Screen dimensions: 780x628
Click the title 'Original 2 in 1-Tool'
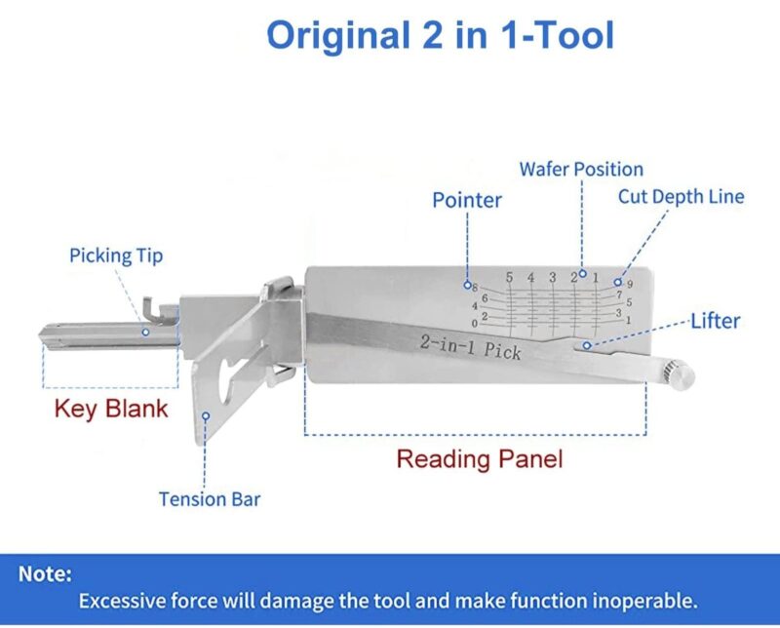441,34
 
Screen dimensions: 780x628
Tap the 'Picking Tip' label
116,255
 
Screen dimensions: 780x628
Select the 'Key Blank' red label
111,409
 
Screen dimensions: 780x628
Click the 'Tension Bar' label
210,499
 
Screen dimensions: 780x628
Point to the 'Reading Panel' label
480,458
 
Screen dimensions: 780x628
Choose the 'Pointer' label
467,200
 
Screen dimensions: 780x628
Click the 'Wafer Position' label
581,170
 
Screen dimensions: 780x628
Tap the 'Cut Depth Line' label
681,197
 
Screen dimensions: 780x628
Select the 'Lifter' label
716,321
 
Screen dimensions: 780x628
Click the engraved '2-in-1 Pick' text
471,347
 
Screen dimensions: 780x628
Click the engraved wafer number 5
509,277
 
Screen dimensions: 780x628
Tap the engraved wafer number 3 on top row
552,277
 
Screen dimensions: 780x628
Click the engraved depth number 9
630,284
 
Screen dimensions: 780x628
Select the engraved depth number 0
475,324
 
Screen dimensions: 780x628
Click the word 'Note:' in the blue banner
45,573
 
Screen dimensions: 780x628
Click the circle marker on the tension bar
206,415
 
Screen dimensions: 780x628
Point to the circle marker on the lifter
587,345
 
